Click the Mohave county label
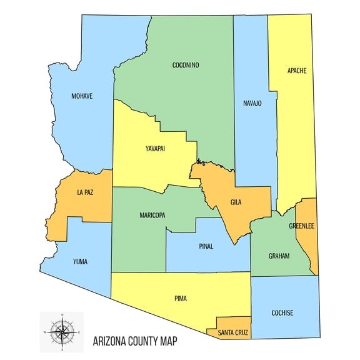[x=82, y=96]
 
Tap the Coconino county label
[x=186, y=64]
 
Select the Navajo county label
[x=252, y=102]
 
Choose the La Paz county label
[x=85, y=191]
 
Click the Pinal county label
[x=206, y=246]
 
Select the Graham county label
[x=279, y=255]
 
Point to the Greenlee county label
[x=302, y=226]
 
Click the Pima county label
[x=181, y=299]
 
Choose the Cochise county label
[x=282, y=312]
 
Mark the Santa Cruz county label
[x=233, y=332]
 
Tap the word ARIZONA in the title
[x=111, y=341]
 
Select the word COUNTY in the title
[x=147, y=341]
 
